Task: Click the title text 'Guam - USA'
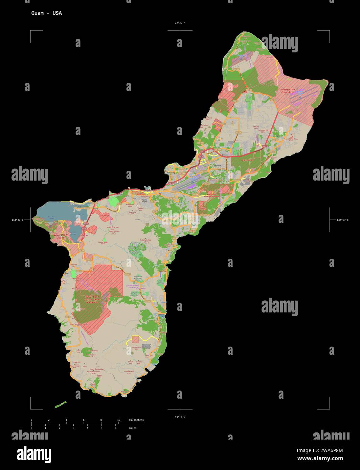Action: (x=46, y=13)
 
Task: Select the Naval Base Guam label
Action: (x=60, y=236)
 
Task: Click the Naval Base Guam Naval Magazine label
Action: (x=91, y=299)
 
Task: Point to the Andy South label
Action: (x=247, y=160)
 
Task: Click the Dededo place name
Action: (x=225, y=155)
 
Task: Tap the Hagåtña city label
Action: (x=149, y=190)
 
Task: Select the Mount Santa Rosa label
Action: (x=291, y=139)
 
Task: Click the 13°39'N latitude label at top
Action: (x=180, y=23)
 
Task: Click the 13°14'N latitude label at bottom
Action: (x=180, y=417)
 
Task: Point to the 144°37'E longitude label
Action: (x=17, y=220)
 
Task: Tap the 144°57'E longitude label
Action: (x=342, y=220)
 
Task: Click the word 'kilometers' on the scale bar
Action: (x=136, y=420)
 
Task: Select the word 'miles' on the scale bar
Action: (x=133, y=428)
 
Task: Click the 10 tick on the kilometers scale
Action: (x=118, y=420)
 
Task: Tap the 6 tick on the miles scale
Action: (x=115, y=428)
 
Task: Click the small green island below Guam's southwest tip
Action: (x=60, y=404)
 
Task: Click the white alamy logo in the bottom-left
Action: (x=34, y=454)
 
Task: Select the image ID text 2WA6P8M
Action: (x=320, y=450)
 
